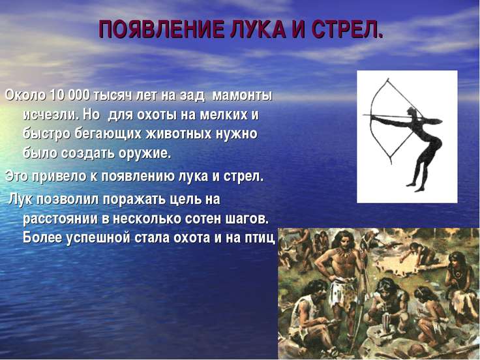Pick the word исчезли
tap(52, 115)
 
